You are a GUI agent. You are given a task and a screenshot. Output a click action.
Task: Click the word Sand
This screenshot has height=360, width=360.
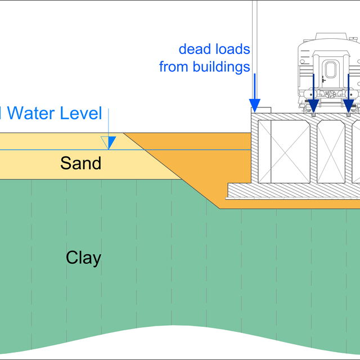[81, 163]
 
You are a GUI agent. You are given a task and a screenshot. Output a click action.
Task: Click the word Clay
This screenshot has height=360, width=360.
[83, 258]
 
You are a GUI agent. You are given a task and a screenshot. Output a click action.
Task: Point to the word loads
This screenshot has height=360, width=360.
[231, 49]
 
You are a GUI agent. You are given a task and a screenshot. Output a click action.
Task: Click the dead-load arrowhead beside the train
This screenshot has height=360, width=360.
[255, 105]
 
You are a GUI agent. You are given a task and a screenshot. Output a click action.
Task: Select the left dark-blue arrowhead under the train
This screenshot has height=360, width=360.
[313, 105]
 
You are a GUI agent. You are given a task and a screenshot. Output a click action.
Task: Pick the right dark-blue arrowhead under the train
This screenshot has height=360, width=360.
[349, 105]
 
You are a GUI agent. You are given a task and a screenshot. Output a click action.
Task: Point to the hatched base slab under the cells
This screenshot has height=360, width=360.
[292, 191]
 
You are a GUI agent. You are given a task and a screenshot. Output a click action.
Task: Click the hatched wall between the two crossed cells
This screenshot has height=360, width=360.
[314, 151]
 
